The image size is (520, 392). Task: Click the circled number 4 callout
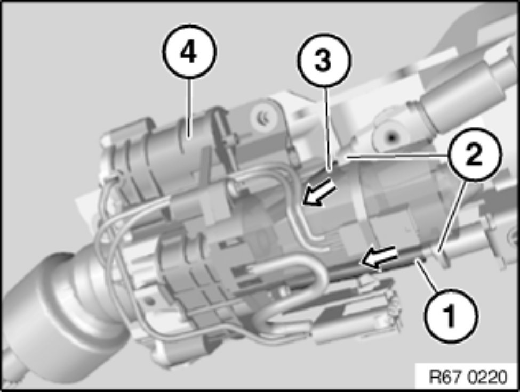pos(189,52)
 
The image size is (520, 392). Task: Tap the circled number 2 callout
pos(474,154)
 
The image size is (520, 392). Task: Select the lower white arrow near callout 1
pos(379,257)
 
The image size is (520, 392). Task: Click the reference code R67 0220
pos(468,377)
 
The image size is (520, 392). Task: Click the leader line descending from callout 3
pos(327,129)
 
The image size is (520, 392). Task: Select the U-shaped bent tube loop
pos(299,288)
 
